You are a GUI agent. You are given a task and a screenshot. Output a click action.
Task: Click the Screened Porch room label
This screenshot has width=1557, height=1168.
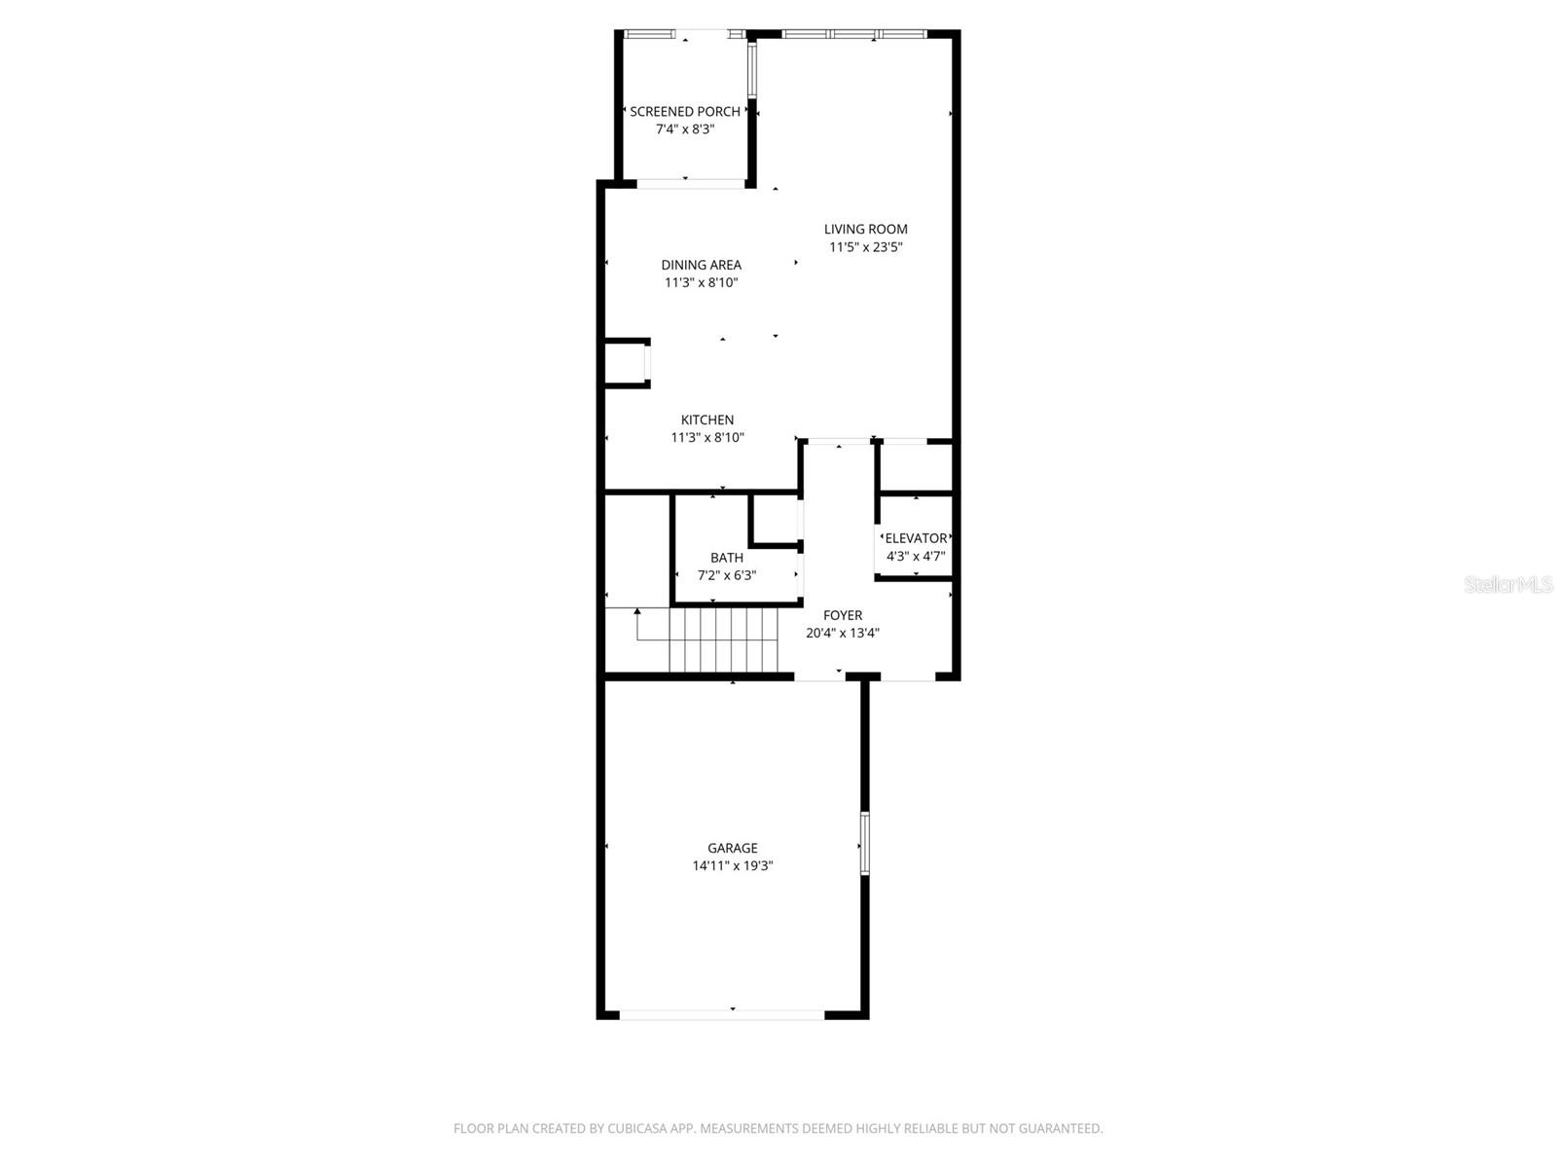[x=684, y=112]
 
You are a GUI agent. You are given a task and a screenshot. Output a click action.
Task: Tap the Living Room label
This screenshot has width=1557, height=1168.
[x=865, y=230]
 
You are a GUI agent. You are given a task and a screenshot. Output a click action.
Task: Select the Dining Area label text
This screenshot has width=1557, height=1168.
[x=701, y=265]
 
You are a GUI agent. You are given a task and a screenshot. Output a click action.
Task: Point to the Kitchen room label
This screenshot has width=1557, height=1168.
[x=707, y=420]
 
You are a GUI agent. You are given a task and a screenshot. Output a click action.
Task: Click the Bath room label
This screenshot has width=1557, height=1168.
[x=727, y=558]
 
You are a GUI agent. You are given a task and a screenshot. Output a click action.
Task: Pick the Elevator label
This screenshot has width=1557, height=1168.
[x=916, y=538]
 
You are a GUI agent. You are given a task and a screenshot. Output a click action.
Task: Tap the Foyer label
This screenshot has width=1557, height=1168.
[x=843, y=615]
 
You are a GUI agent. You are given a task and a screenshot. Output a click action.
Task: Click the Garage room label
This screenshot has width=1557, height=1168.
[x=732, y=848]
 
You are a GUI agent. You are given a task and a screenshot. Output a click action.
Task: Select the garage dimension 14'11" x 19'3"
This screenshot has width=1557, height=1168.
[x=732, y=866]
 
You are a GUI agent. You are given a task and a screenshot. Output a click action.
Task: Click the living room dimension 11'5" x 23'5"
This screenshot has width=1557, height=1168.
[x=865, y=247]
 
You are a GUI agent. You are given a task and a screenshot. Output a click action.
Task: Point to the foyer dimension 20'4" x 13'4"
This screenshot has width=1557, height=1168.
[x=843, y=633]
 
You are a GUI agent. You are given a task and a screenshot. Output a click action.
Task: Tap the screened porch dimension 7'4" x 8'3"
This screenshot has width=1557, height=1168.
[x=684, y=129]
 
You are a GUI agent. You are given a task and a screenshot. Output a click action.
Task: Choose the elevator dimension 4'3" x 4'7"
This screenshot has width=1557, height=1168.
[x=916, y=557]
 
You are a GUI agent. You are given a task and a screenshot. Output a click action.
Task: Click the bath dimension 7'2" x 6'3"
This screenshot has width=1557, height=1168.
[x=727, y=575]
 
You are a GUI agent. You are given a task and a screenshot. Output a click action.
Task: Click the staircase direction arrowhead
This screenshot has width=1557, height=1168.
[x=637, y=612]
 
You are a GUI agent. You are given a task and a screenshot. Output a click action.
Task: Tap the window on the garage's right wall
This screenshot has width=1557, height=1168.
[x=864, y=843]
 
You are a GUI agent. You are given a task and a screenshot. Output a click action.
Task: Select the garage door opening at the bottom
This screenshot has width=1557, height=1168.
[x=722, y=1014]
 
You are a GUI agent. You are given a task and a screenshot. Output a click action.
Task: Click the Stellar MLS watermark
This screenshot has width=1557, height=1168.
[x=1508, y=584]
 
